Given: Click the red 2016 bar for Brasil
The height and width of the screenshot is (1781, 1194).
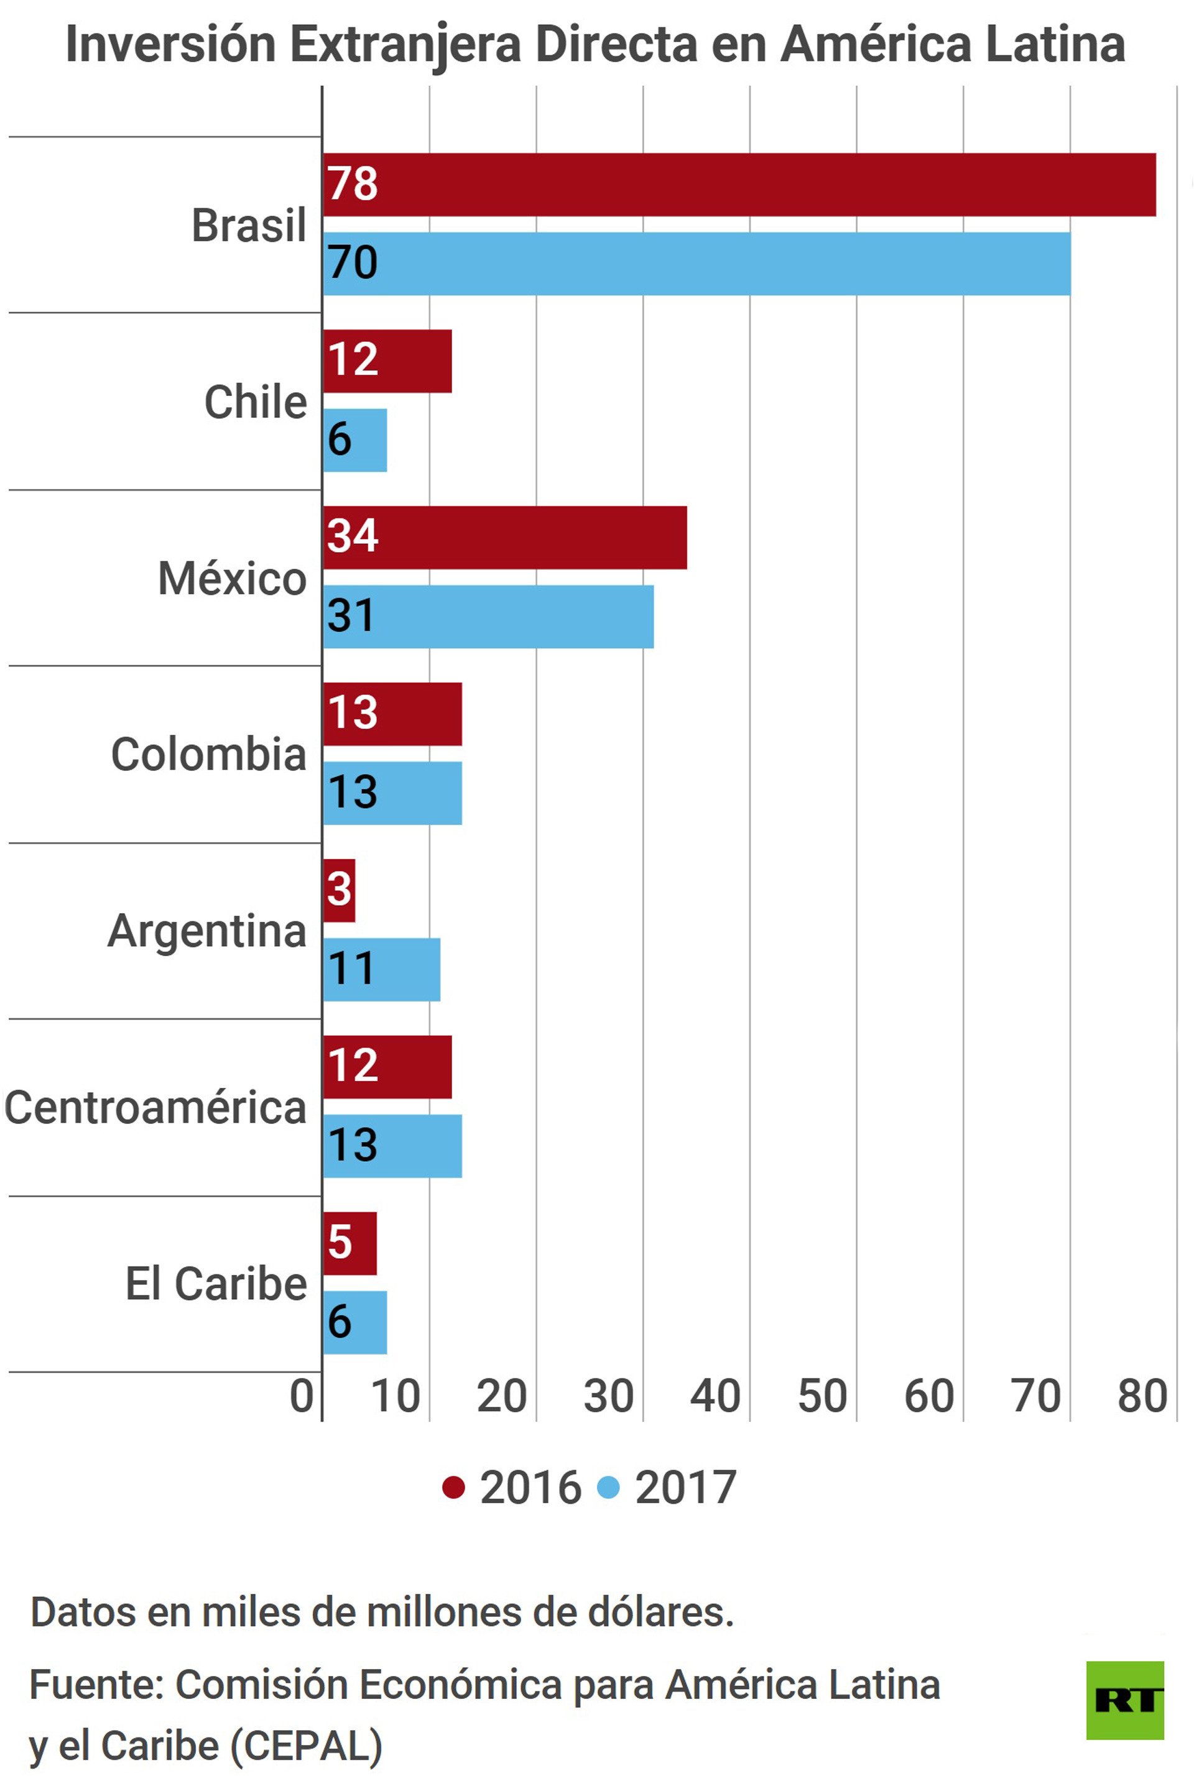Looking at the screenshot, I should tap(739, 185).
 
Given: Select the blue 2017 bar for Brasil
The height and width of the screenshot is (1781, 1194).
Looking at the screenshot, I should tap(696, 264).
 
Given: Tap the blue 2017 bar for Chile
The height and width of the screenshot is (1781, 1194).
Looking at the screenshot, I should tap(355, 441).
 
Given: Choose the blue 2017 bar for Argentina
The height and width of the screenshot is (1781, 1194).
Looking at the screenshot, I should tap(381, 970).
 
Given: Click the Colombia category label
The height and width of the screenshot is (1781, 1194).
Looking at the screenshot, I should tap(209, 755).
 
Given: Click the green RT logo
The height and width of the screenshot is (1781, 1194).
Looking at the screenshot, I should tap(1125, 1700).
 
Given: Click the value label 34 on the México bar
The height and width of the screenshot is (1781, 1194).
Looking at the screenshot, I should tap(353, 536).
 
